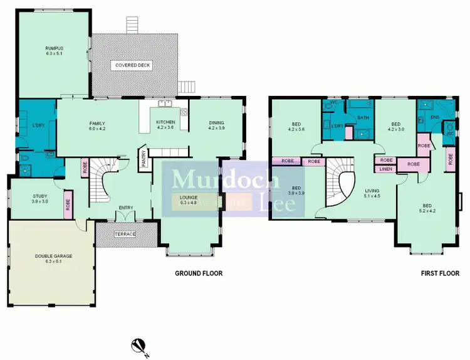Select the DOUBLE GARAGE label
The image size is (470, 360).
pyautogui.click(x=50, y=258)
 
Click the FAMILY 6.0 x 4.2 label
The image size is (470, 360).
pyautogui.click(x=97, y=126)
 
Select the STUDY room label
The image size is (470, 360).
pyautogui.click(x=40, y=199)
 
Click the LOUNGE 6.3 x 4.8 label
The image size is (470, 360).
pyautogui.click(x=189, y=200)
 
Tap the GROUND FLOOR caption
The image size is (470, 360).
pyautogui.click(x=198, y=273)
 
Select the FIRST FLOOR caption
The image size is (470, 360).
pyautogui.click(x=440, y=273)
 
